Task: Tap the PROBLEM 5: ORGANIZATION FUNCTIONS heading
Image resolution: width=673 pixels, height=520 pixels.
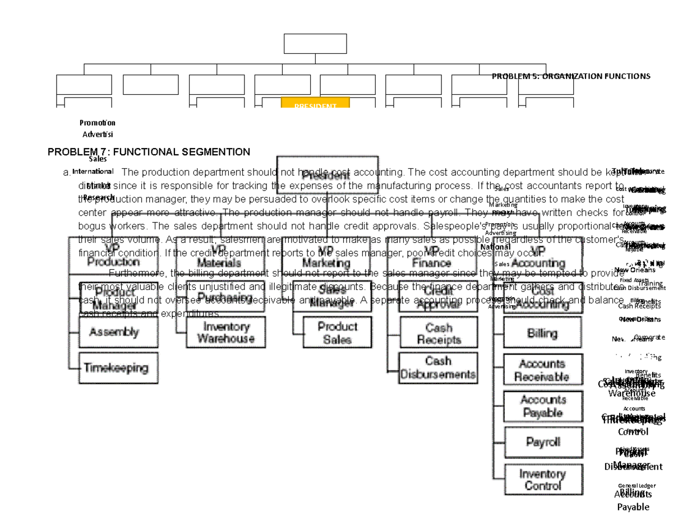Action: point(570,76)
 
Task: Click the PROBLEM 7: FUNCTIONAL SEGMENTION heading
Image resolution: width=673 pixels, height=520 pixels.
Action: point(149,151)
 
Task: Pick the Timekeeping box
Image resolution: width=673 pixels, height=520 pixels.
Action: point(118,368)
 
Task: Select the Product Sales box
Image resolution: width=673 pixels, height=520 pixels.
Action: point(337,333)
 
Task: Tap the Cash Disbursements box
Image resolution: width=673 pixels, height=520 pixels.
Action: point(439,368)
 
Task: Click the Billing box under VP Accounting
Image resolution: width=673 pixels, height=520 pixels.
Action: point(542,333)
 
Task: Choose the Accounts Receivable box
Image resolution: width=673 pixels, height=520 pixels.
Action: point(542,370)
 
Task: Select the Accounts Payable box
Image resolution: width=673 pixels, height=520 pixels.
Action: point(542,406)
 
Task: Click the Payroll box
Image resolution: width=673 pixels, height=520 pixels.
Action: point(542,442)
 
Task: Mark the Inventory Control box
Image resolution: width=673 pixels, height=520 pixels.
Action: point(542,480)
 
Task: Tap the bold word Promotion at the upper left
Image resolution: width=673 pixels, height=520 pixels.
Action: point(98,123)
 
